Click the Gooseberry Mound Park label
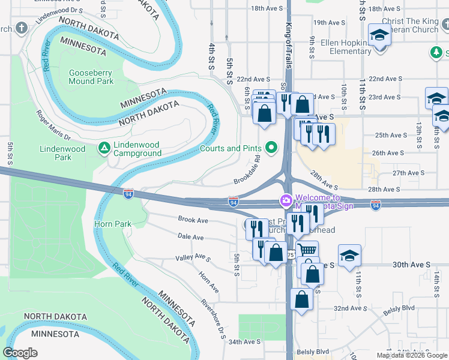click(91, 77)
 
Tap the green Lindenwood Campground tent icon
click(104, 147)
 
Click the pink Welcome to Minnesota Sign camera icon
click(286, 200)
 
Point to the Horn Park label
click(113, 224)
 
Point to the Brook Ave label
click(193, 220)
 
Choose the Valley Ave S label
click(193, 257)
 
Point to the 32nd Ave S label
click(350, 308)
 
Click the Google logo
click(20, 353)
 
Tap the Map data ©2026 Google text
click(411, 355)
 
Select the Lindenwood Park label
click(55, 153)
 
